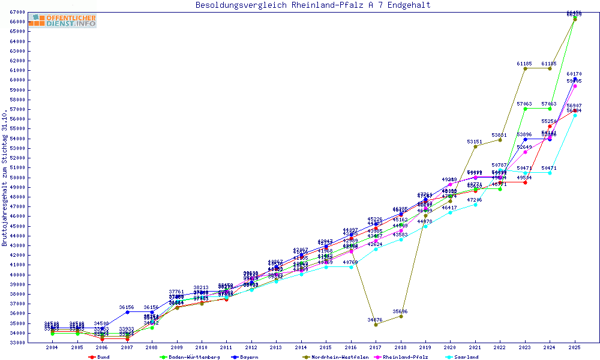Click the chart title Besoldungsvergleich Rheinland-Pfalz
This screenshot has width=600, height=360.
pyautogui.click(x=313, y=5)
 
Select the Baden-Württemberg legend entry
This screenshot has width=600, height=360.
pyautogui.click(x=193, y=357)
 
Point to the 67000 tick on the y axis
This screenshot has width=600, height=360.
pyautogui.click(x=17, y=12)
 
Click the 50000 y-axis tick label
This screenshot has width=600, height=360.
pyautogui.click(x=17, y=178)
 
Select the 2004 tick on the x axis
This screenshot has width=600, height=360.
pyautogui.click(x=52, y=347)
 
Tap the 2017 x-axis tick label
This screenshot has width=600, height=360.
pyautogui.click(x=376, y=347)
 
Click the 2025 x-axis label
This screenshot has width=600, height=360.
pyautogui.click(x=575, y=347)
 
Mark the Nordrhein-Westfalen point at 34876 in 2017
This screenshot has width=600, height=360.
pyautogui.click(x=376, y=325)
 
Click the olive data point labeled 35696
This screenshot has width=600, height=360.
pyautogui.click(x=401, y=316)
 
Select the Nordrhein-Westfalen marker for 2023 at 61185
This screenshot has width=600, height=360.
pyautogui.click(x=525, y=68)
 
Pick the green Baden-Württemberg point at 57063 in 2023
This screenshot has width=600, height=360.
pyautogui.click(x=525, y=109)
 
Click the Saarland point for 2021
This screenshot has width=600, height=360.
pyautogui.click(x=475, y=205)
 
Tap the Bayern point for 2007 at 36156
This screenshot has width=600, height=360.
pyautogui.click(x=127, y=312)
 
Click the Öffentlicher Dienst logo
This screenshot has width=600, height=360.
pyautogui.click(x=62, y=21)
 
